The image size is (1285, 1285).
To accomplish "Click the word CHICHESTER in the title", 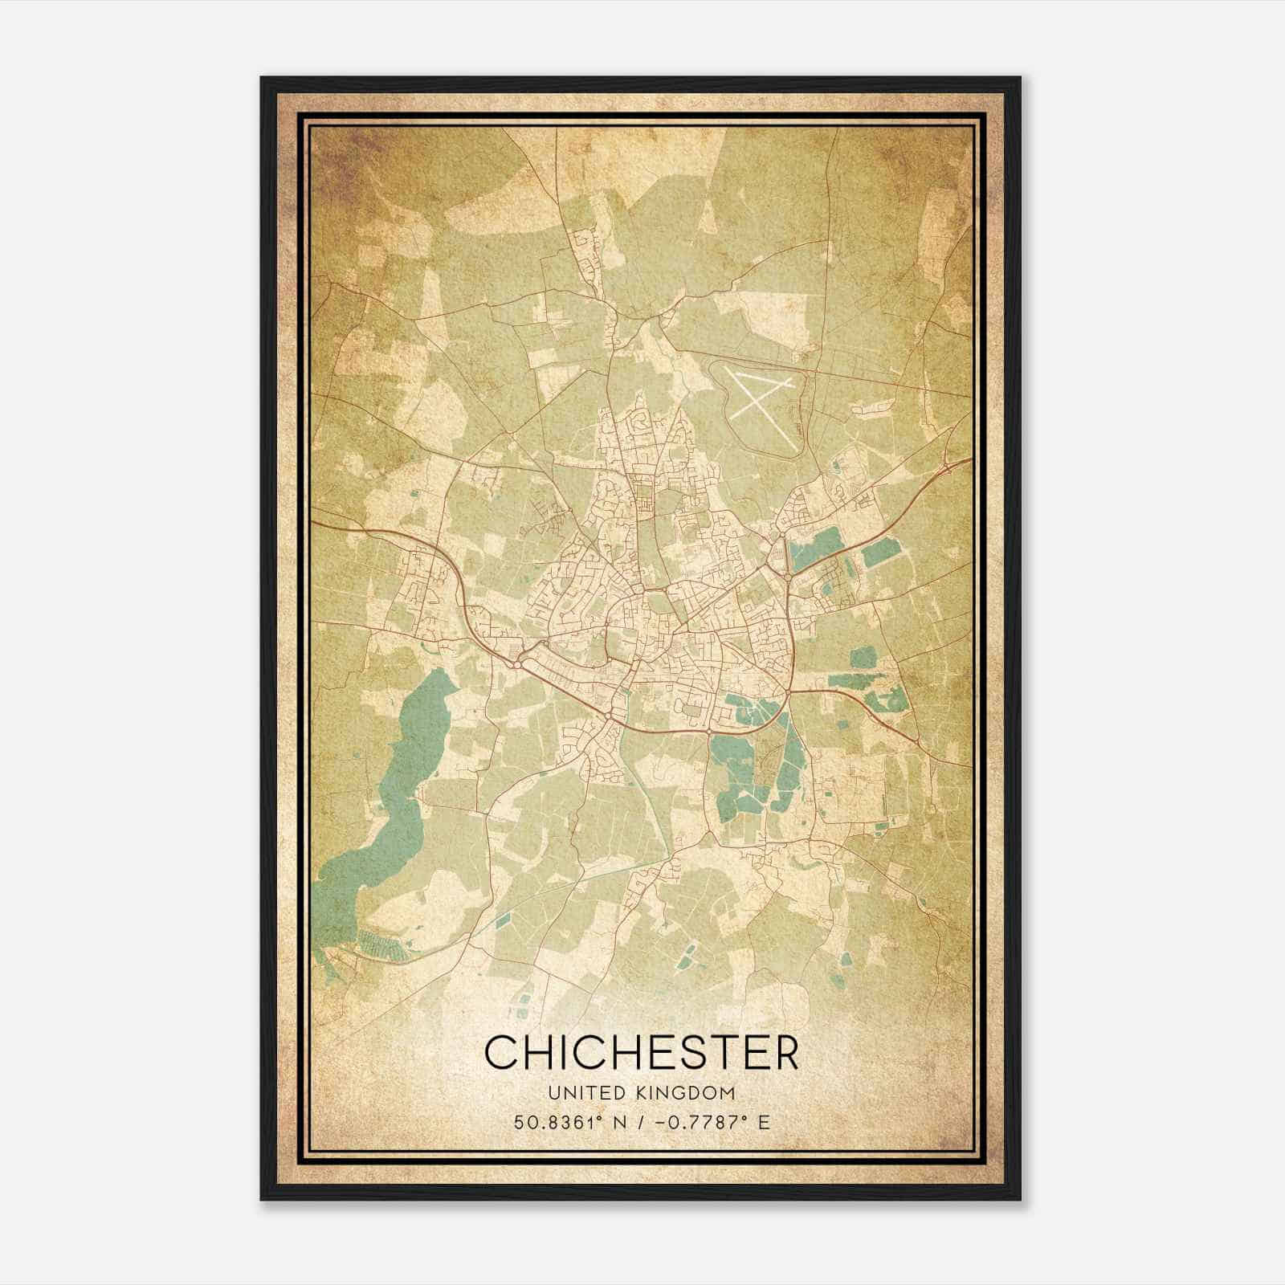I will (x=642, y=1053).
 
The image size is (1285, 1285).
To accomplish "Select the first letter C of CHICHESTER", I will (x=502, y=1053).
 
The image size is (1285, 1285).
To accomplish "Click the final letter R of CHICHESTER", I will (x=782, y=1053).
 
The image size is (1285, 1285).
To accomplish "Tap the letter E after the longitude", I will (x=765, y=1122).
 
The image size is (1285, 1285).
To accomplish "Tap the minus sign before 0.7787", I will (x=661, y=1122).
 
